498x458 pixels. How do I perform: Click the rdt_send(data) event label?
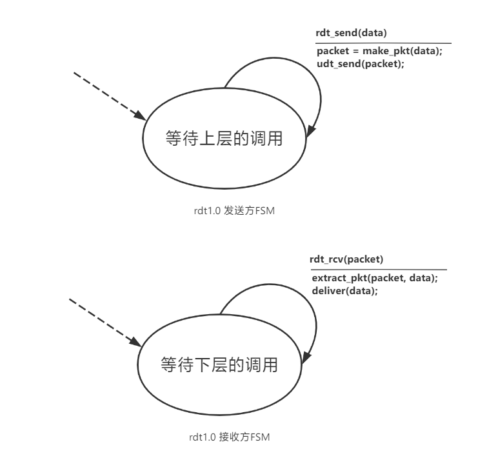click(x=352, y=33)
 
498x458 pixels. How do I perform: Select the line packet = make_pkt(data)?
click(x=379, y=52)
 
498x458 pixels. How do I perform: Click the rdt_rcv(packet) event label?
click(x=346, y=259)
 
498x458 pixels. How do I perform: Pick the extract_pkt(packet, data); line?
click(x=375, y=278)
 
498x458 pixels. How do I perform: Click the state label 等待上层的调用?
click(x=224, y=138)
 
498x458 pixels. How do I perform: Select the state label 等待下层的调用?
click(x=219, y=365)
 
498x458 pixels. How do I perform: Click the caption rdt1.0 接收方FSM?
click(x=224, y=438)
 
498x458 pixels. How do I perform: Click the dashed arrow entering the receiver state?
click(x=103, y=321)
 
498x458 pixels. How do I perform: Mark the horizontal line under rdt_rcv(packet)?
click(x=379, y=270)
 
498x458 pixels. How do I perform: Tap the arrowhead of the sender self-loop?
click(x=310, y=131)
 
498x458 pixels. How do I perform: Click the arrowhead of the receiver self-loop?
click(x=306, y=357)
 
